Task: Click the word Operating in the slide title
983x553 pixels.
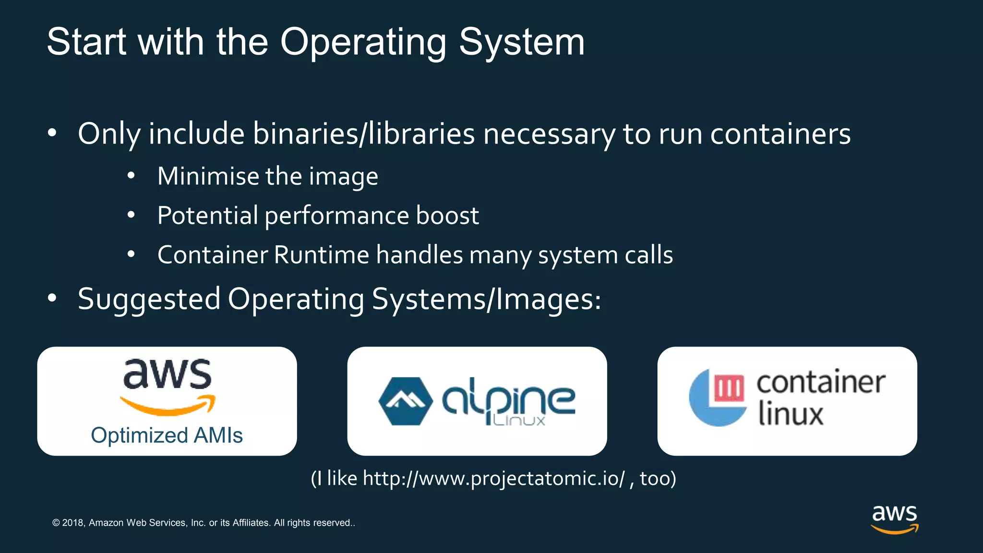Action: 363,42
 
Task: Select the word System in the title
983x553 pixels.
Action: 522,42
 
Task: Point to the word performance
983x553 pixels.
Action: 336,216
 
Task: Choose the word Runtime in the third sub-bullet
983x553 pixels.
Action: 321,254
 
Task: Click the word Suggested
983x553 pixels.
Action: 149,299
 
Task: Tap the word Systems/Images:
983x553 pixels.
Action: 486,299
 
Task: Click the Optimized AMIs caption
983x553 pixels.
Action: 167,435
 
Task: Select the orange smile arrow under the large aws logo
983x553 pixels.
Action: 168,406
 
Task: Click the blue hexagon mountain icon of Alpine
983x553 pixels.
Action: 405,401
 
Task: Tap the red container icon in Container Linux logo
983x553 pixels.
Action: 729,388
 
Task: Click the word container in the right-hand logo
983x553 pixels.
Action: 821,383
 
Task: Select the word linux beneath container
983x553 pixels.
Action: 791,413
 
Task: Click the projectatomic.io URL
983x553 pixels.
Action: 494,479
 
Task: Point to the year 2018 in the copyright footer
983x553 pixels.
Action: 73,523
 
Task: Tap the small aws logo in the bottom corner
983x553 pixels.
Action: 894,518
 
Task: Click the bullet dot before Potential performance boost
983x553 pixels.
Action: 131,216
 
